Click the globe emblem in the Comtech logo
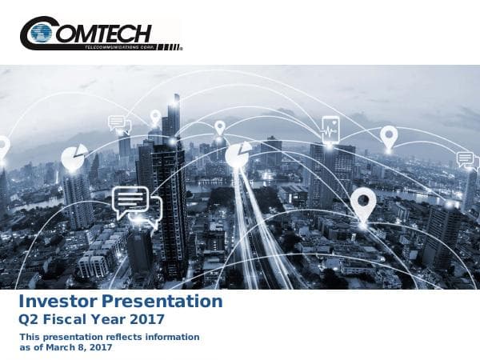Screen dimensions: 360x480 pos(42,34)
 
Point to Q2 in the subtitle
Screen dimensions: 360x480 pos(30,320)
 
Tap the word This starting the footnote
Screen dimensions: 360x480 pos(30,338)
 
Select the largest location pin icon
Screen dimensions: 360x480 pos(363,203)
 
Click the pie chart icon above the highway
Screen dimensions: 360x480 pos(238,155)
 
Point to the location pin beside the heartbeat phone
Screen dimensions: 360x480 pos(389,137)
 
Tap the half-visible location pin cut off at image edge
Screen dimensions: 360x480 pos(3,148)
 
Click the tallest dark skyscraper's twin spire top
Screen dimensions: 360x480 pos(172,104)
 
